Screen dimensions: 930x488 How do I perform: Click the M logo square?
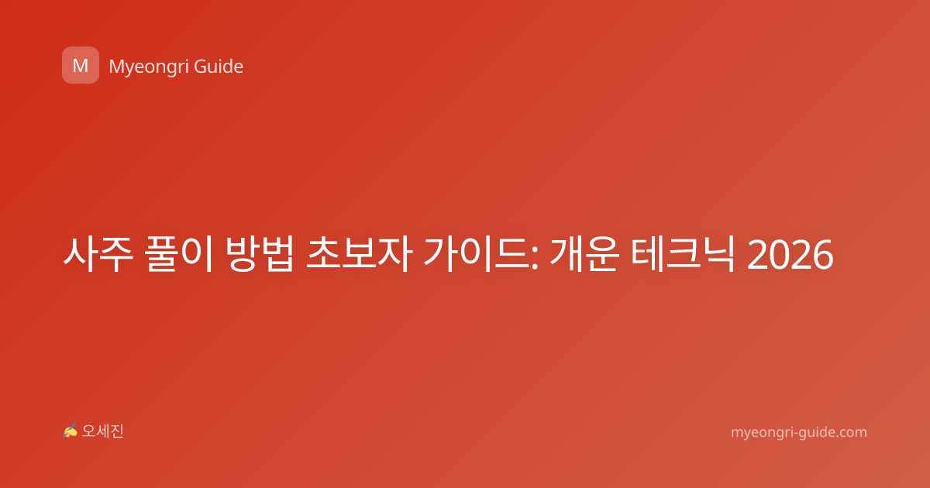(x=81, y=65)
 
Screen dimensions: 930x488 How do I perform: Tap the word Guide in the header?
(x=219, y=67)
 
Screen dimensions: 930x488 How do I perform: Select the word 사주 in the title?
(x=98, y=254)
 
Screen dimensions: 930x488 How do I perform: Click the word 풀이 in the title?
(x=179, y=254)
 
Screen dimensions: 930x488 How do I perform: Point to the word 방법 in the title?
(x=260, y=254)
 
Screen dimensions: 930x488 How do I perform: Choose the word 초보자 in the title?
(x=360, y=254)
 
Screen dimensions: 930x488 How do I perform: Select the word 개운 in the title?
(x=584, y=254)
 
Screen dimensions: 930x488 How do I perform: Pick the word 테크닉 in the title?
(x=683, y=254)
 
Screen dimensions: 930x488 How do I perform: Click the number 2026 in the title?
(x=790, y=255)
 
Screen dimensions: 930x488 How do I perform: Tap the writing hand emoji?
(x=71, y=431)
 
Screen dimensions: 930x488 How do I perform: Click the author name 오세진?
(x=102, y=431)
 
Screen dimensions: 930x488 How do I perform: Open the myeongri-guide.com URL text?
(x=799, y=432)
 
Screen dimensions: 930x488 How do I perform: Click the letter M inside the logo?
(x=81, y=66)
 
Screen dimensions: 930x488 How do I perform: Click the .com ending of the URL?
(x=850, y=433)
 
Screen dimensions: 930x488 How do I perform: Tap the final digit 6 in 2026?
(x=822, y=255)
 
